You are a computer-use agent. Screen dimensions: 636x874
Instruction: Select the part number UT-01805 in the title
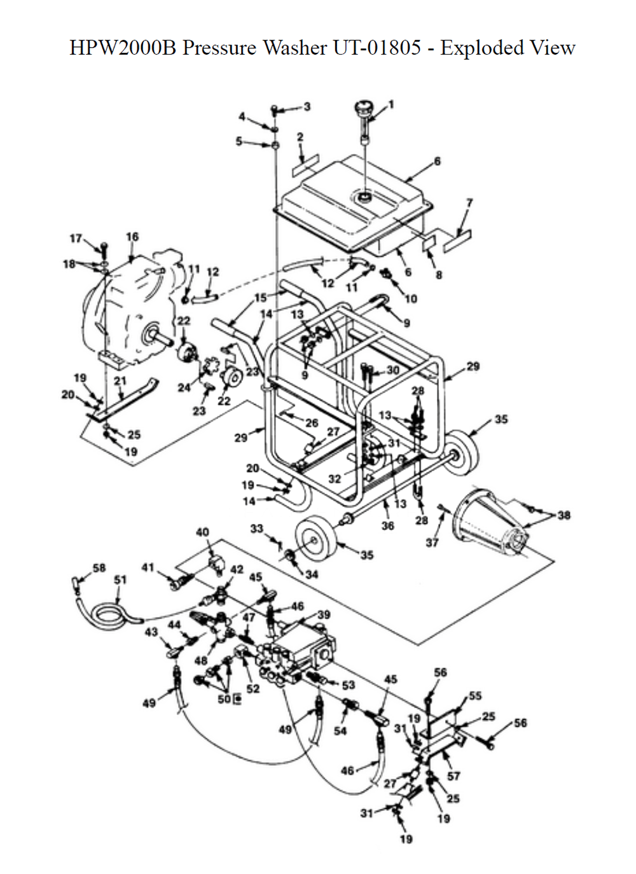(377, 48)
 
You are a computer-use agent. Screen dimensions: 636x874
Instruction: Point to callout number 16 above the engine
(132, 237)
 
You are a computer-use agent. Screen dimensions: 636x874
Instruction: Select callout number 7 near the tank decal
(469, 203)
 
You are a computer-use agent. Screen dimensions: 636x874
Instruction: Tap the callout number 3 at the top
(307, 106)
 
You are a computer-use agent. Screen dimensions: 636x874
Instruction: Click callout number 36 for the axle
(387, 525)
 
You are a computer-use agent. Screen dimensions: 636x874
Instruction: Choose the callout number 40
(202, 532)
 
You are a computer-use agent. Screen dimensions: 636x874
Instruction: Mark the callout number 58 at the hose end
(99, 567)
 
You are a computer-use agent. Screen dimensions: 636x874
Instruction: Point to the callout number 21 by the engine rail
(120, 380)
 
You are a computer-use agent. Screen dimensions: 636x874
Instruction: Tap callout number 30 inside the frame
(392, 370)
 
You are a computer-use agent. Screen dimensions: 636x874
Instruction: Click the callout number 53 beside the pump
(348, 685)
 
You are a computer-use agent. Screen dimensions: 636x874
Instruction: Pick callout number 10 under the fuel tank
(411, 299)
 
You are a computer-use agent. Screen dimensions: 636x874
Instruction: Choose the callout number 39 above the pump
(324, 614)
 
